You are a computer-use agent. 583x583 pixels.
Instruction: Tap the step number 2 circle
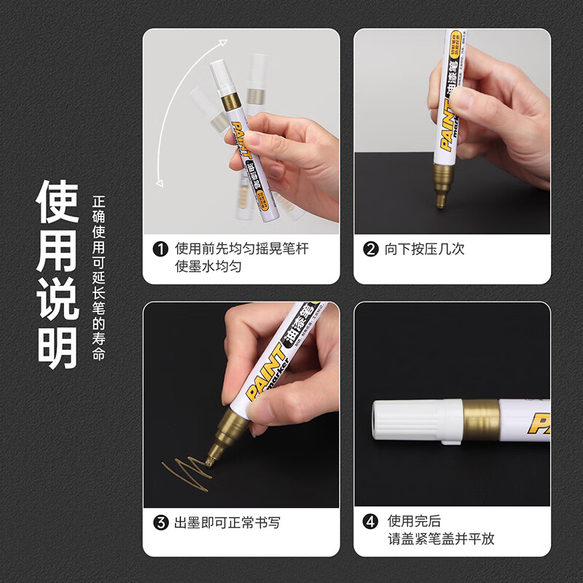(372, 249)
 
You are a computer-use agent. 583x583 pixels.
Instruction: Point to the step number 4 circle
(372, 523)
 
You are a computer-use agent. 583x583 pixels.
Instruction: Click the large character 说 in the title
(58, 297)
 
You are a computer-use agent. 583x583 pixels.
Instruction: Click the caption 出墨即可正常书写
(227, 523)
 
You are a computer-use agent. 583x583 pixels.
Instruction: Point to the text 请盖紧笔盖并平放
(441, 539)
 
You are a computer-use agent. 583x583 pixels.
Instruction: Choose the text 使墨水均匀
(208, 267)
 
